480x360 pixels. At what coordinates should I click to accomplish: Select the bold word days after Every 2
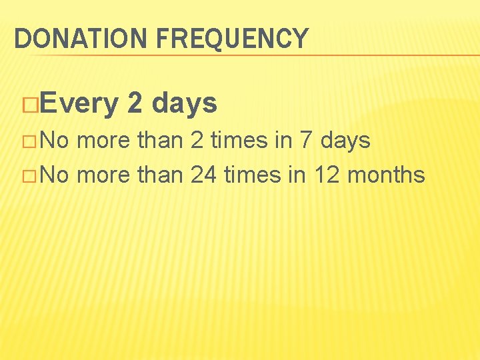[x=185, y=104]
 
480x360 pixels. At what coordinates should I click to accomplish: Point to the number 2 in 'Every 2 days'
[x=133, y=103]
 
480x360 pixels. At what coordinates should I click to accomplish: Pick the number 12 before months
[x=327, y=175]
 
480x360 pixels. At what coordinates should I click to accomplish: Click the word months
[x=386, y=175]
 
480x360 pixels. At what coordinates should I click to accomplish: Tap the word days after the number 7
[x=345, y=141]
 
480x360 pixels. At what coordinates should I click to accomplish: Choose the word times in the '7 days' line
[x=238, y=141]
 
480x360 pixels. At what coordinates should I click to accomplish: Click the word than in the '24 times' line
[x=159, y=175]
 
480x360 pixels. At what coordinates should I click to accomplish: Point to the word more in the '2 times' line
[x=104, y=141]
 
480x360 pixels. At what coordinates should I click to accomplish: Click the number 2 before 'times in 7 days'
[x=197, y=141]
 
